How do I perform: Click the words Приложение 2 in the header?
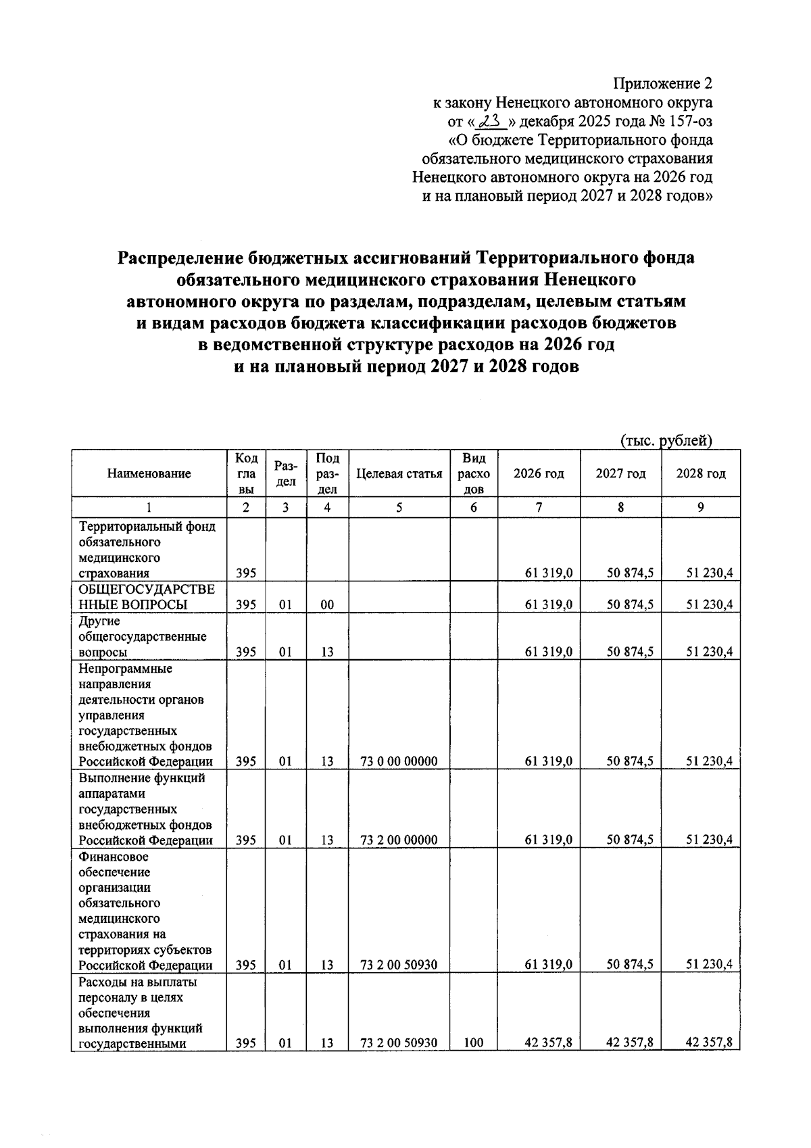tap(662, 84)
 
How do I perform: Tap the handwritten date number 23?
tap(491, 122)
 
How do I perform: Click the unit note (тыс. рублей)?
tap(666, 441)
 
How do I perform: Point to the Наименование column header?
tap(149, 474)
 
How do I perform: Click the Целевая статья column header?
tap(399, 474)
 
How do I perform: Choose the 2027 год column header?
tap(620, 474)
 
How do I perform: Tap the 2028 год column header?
tap(701, 474)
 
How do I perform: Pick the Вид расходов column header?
tap(474, 474)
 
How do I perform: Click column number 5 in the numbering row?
tap(399, 507)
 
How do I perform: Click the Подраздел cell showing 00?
tap(327, 605)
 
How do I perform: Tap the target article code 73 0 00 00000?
tap(399, 761)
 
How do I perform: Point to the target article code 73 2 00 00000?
tap(399, 840)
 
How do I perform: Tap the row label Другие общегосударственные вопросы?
tap(143, 637)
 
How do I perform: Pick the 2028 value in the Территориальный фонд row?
tap(709, 573)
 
